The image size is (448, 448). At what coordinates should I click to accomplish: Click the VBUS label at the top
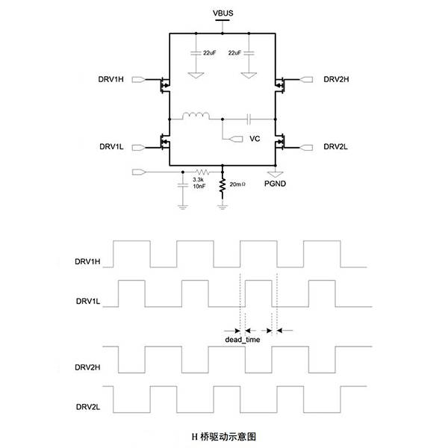pos(223,13)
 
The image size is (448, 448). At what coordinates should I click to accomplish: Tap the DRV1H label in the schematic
pos(111,79)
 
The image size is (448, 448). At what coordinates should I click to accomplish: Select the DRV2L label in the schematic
pos(335,146)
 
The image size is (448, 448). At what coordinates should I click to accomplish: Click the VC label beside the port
pos(255,139)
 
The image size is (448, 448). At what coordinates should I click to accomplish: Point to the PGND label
pos(275,184)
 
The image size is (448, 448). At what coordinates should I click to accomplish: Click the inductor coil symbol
pos(196,115)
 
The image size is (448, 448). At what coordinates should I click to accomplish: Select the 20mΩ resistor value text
pos(237,184)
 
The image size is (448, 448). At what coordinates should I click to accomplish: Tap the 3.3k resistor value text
pos(198,180)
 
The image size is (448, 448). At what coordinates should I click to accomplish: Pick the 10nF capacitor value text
pos(199,186)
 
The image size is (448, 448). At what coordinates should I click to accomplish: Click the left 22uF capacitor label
pos(209,53)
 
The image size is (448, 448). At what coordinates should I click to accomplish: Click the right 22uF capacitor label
pos(234,53)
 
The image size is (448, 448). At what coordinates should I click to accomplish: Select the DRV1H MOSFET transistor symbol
pos(165,85)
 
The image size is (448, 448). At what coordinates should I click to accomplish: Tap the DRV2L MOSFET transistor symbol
pos(280,142)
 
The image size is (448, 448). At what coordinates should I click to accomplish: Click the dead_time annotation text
pos(242,340)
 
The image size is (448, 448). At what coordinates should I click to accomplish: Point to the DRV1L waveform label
pos(88,301)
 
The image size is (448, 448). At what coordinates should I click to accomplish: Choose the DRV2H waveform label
pos(87,367)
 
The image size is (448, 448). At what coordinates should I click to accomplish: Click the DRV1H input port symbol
pos(139,79)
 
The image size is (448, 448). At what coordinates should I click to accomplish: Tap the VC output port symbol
pos(236,139)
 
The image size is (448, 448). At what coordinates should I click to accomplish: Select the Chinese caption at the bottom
pos(223,437)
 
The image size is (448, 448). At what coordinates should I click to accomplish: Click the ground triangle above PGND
pos(275,174)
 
